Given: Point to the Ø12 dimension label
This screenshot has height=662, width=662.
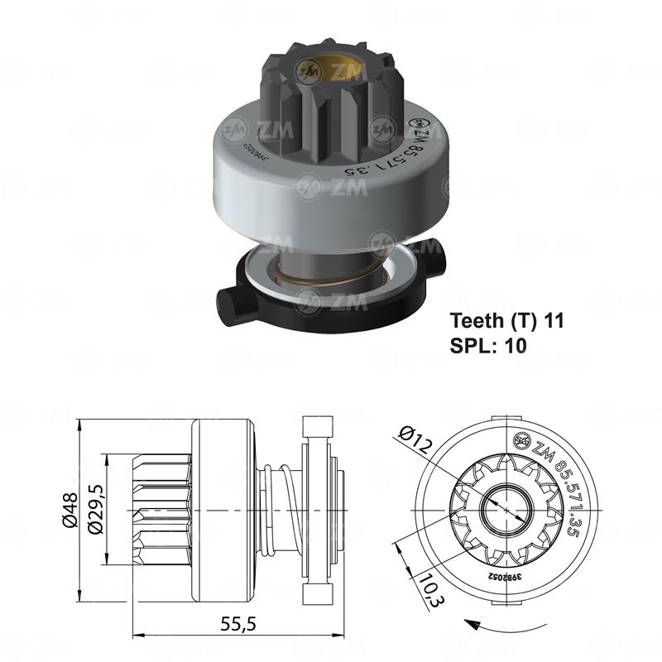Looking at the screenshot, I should coord(414,438).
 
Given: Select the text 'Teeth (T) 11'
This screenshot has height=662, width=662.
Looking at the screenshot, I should coord(506,321).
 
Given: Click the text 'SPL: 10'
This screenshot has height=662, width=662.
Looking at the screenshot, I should coord(488,346).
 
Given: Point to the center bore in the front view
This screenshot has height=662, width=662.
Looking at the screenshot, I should coord(501,511).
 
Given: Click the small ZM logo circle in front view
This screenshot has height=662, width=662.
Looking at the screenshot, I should coord(523,439).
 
